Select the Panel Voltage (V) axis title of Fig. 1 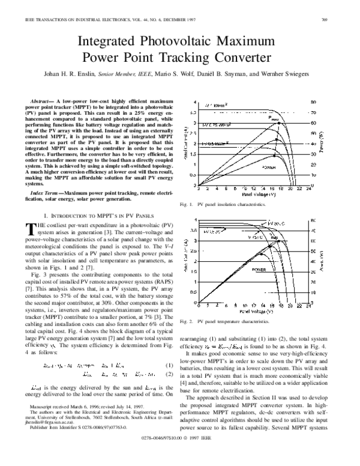tap(251, 195)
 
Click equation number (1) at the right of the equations tap(170, 366)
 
